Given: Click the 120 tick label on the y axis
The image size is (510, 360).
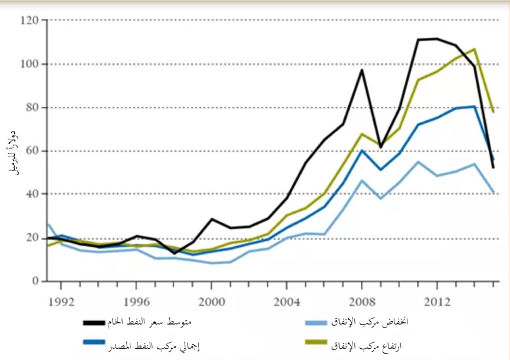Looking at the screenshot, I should [29, 21].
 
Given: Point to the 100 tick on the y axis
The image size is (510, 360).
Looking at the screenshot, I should [29, 64].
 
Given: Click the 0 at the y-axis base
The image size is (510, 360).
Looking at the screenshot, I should [35, 282].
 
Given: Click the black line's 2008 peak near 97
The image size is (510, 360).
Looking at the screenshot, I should [361, 70].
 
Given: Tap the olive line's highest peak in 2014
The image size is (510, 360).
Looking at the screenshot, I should [474, 49].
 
